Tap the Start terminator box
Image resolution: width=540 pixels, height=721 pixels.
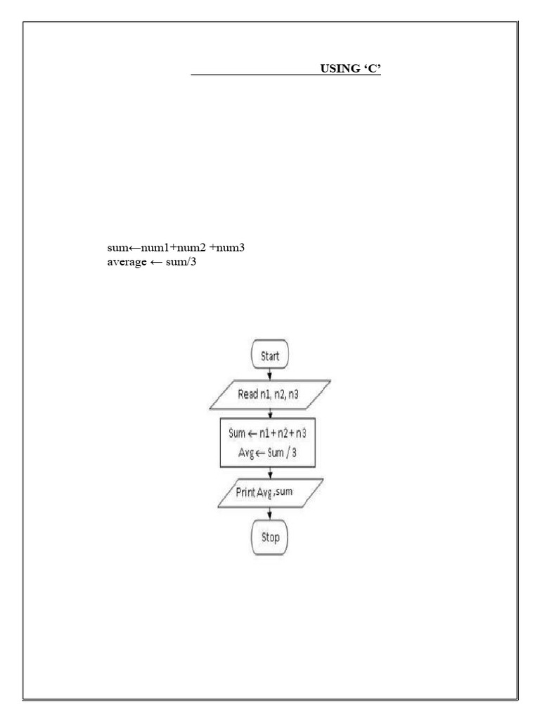[270, 356]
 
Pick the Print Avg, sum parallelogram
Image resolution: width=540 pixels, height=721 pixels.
[270, 491]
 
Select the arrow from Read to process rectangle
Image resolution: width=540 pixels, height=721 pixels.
[270, 415]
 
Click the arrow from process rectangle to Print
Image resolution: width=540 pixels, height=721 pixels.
[270, 473]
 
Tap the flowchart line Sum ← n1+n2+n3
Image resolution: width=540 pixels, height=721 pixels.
[268, 434]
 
